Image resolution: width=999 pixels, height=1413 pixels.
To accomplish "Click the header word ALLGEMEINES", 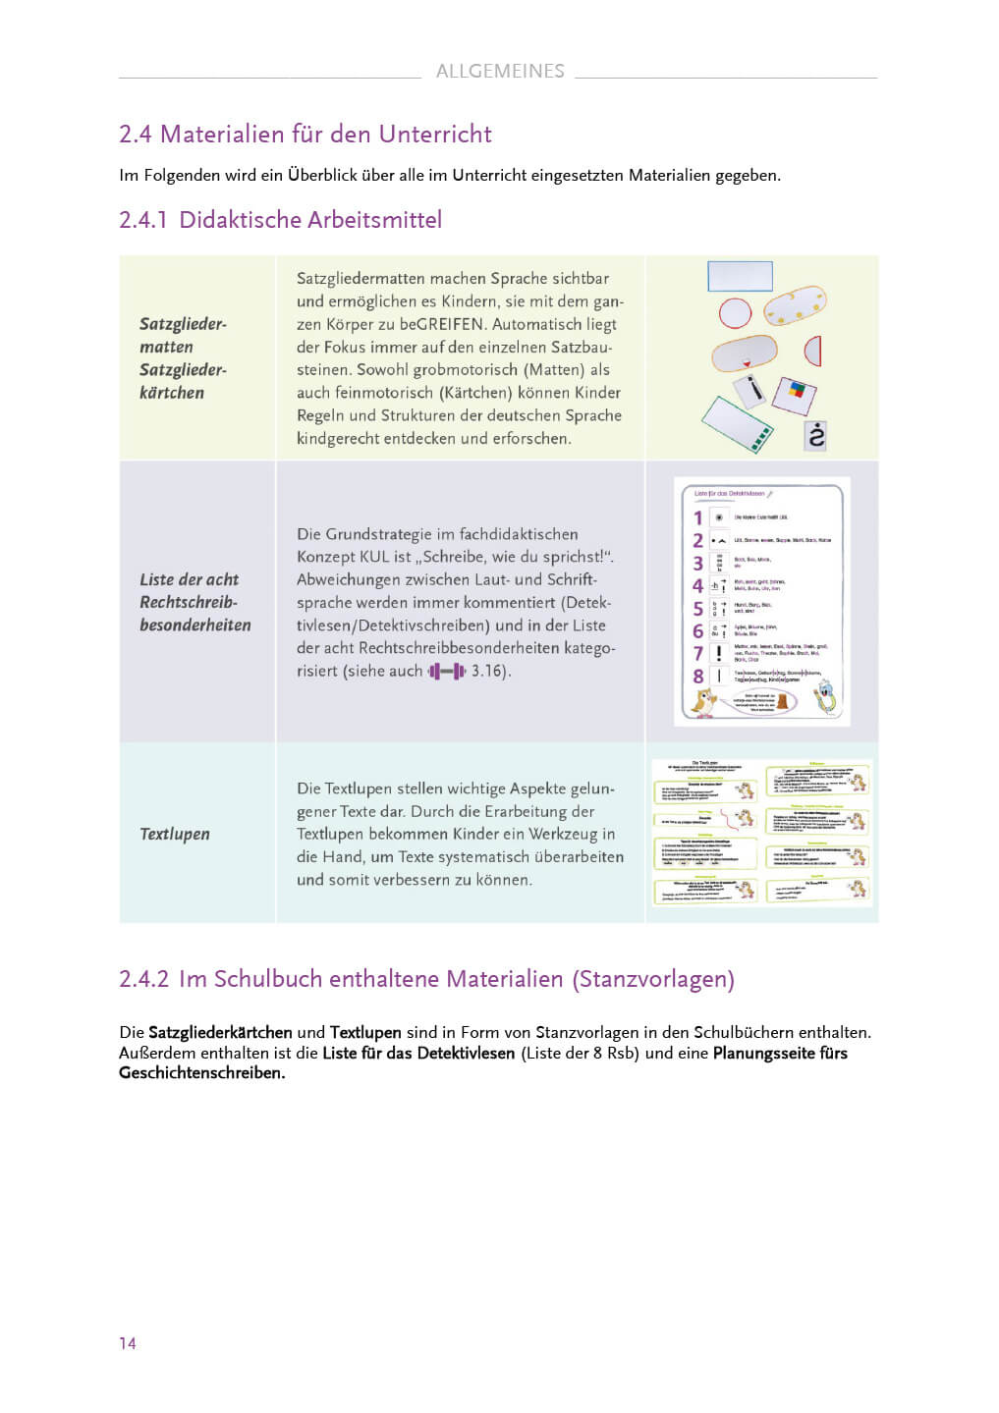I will tap(500, 71).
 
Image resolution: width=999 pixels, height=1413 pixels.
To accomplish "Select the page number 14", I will tap(128, 1343).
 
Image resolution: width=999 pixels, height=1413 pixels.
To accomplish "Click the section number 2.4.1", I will tap(143, 220).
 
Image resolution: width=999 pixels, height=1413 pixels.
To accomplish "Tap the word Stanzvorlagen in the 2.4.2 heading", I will tap(653, 979).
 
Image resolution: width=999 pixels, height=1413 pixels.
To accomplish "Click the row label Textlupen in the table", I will tap(175, 834).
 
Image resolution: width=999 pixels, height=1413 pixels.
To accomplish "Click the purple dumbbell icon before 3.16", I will tap(447, 672).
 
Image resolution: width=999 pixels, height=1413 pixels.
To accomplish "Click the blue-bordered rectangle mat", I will tap(740, 276).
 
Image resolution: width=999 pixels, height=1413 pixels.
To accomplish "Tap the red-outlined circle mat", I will tap(735, 313).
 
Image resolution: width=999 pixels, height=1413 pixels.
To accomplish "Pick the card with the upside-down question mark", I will tap(815, 434).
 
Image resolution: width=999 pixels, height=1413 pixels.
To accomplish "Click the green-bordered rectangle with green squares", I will tap(738, 424).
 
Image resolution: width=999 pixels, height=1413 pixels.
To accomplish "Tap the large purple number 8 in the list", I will tap(698, 677).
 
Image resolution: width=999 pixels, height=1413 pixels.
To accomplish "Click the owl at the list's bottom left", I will tap(704, 701).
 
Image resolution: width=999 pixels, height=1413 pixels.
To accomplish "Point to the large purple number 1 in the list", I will tap(698, 517).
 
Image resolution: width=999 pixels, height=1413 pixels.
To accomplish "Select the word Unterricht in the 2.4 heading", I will tap(435, 135).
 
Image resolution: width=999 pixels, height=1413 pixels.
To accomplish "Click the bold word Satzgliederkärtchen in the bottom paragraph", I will tap(220, 1032).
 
